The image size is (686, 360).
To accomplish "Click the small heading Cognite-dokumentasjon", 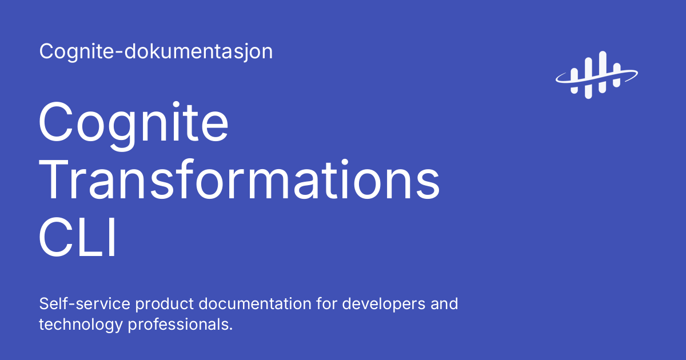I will [x=155, y=52].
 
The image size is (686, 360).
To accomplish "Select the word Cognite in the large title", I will [x=134, y=124].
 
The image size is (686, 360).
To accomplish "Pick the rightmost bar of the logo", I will [x=616, y=75].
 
